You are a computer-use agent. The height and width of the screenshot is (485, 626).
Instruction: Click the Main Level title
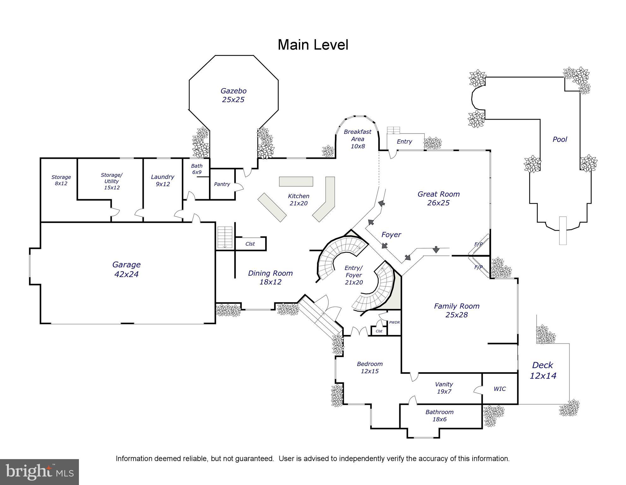pyautogui.click(x=313, y=45)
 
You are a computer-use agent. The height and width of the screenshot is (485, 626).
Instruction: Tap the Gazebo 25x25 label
pyautogui.click(x=233, y=95)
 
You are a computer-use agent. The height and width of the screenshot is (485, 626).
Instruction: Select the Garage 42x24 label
pyautogui.click(x=126, y=269)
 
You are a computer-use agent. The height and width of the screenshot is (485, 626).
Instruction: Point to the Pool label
pyautogui.click(x=560, y=139)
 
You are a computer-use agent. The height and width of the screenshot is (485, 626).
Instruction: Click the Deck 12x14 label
pyautogui.click(x=543, y=370)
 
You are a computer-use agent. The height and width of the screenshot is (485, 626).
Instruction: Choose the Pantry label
pyautogui.click(x=222, y=184)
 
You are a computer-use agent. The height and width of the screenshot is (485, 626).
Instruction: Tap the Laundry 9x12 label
pyautogui.click(x=163, y=180)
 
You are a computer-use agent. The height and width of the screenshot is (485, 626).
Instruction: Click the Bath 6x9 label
pyautogui.click(x=197, y=169)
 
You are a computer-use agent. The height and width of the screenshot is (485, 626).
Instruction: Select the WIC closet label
pyautogui.click(x=499, y=389)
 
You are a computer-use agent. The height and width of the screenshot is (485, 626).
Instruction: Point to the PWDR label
pyautogui.click(x=394, y=322)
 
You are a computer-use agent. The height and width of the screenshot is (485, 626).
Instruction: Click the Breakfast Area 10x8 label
pyautogui.click(x=357, y=139)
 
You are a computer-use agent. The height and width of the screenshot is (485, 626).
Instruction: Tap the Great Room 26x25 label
pyautogui.click(x=438, y=198)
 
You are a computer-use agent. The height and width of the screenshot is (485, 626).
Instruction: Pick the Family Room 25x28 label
pyautogui.click(x=456, y=310)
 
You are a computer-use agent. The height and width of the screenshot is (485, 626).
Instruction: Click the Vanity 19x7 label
pyautogui.click(x=444, y=388)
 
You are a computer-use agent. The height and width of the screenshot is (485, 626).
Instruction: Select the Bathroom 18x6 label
pyautogui.click(x=439, y=416)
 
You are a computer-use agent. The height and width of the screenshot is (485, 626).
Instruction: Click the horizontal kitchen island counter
pyautogui.click(x=296, y=182)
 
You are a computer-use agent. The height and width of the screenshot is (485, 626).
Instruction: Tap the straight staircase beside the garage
pyautogui.click(x=225, y=237)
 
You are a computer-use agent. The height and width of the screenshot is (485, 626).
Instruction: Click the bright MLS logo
pyautogui.click(x=39, y=472)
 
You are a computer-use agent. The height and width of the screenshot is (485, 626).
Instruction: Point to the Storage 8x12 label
pyautogui.click(x=61, y=180)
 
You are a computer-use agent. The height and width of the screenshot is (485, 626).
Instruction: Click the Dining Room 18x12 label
pyautogui.click(x=270, y=277)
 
